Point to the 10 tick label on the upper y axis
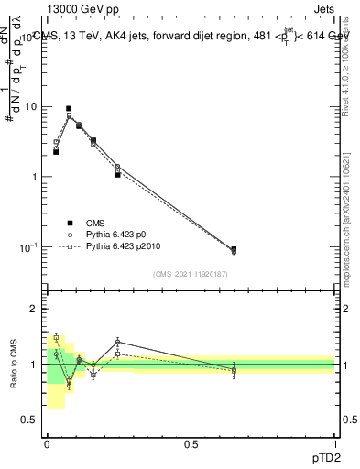point(29,106)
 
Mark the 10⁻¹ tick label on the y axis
point(27,248)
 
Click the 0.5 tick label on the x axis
point(191,444)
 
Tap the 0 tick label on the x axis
point(47,444)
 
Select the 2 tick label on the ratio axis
point(34,309)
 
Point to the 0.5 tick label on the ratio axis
point(30,420)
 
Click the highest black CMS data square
point(69,108)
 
